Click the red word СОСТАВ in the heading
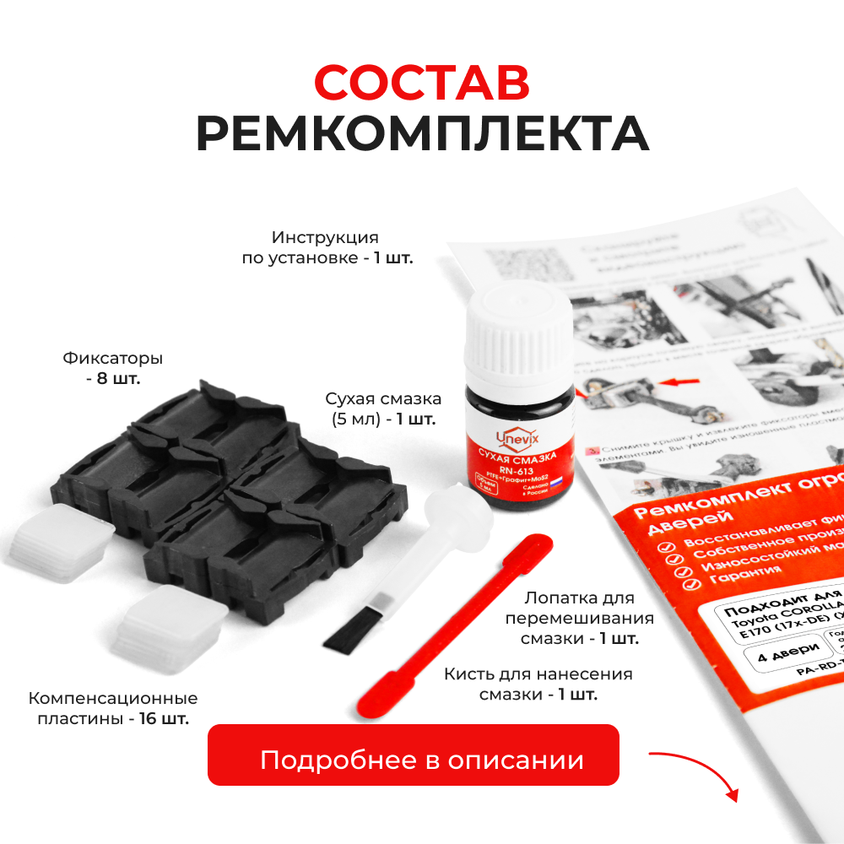422,82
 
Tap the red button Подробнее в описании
414,760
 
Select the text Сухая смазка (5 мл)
384,408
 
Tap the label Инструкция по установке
325,247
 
